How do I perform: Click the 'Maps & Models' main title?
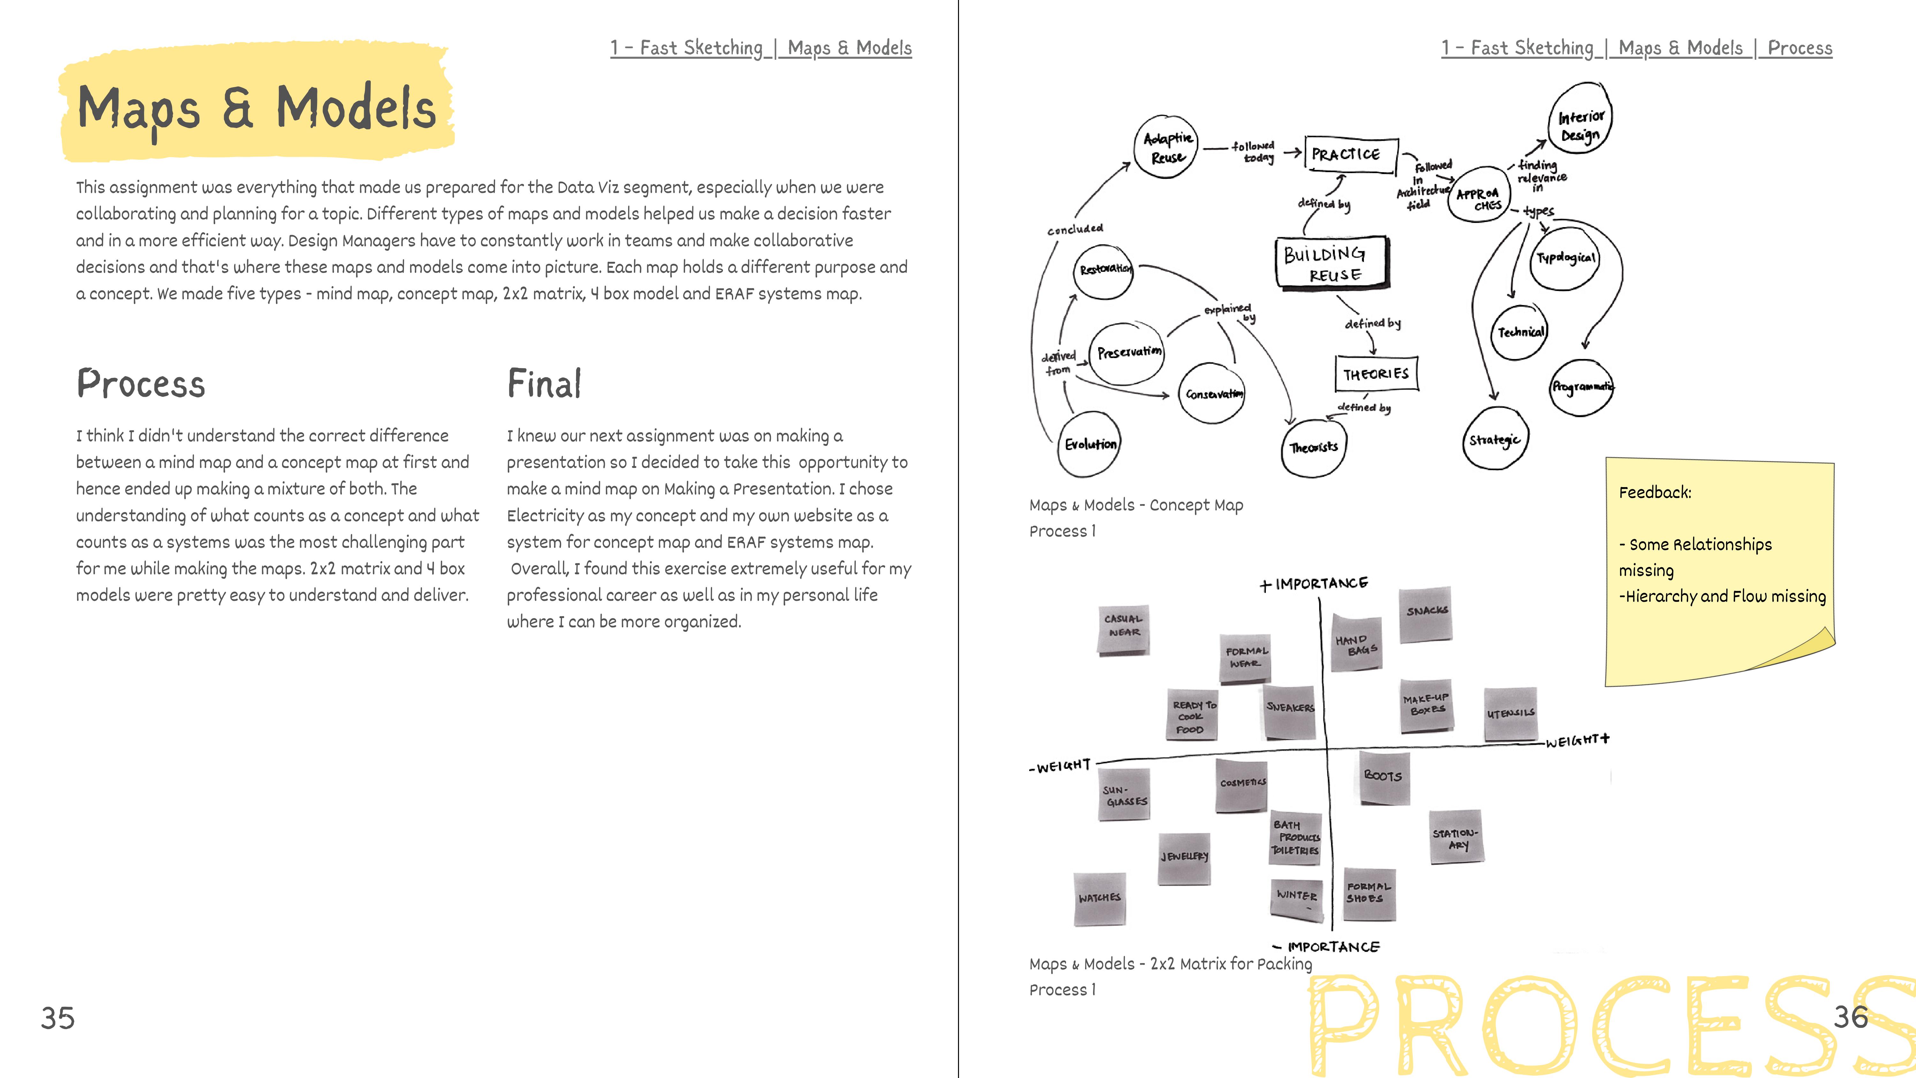point(257,108)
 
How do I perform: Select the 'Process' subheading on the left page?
point(141,384)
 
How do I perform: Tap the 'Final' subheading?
point(544,384)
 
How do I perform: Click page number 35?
point(58,1018)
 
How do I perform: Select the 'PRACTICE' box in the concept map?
point(1350,155)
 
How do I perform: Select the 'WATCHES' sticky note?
point(1099,899)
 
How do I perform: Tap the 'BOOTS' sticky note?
point(1383,777)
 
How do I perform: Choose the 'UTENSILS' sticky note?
point(1510,714)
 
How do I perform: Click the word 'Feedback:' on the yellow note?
point(1655,493)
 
